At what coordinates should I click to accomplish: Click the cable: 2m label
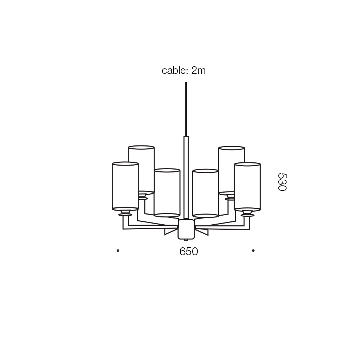184,70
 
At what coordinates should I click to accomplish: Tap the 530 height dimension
282,182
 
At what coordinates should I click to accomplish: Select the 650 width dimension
189,251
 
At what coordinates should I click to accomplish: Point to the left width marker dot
118,251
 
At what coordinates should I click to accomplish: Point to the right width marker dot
253,251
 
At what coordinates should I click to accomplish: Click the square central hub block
186,230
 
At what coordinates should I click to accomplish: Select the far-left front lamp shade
125,186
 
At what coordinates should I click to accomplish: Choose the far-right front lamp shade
247,186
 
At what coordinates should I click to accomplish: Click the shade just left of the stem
167,193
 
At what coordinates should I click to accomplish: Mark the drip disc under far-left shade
125,215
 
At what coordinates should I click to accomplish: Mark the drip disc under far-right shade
248,215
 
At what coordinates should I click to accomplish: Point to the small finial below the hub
186,240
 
